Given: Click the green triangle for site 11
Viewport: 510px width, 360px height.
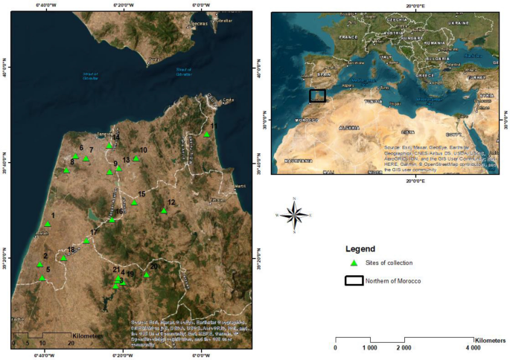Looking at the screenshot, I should pyautogui.click(x=206, y=135).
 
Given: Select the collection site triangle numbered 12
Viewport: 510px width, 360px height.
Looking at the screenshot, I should pyautogui.click(x=164, y=211).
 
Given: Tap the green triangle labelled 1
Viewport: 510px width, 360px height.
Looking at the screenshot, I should pyautogui.click(x=48, y=224).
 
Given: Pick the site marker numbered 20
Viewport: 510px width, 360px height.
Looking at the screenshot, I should pyautogui.click(x=147, y=275).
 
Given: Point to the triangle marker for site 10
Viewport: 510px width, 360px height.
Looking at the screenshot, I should pyautogui.click(x=136, y=158).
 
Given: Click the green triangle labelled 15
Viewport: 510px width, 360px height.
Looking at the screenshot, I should pyautogui.click(x=134, y=202).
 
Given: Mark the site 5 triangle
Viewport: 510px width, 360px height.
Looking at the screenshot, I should pyautogui.click(x=42, y=278).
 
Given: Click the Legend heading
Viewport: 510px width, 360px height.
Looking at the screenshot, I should pyautogui.click(x=360, y=248).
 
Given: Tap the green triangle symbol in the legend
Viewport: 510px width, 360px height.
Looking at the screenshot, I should pyautogui.click(x=354, y=263).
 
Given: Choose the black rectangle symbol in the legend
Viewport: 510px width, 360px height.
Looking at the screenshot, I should pyautogui.click(x=354, y=280).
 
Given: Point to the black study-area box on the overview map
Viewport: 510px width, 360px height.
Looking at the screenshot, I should pyautogui.click(x=318, y=95).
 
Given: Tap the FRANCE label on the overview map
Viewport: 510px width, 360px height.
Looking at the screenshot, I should pyautogui.click(x=348, y=36).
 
